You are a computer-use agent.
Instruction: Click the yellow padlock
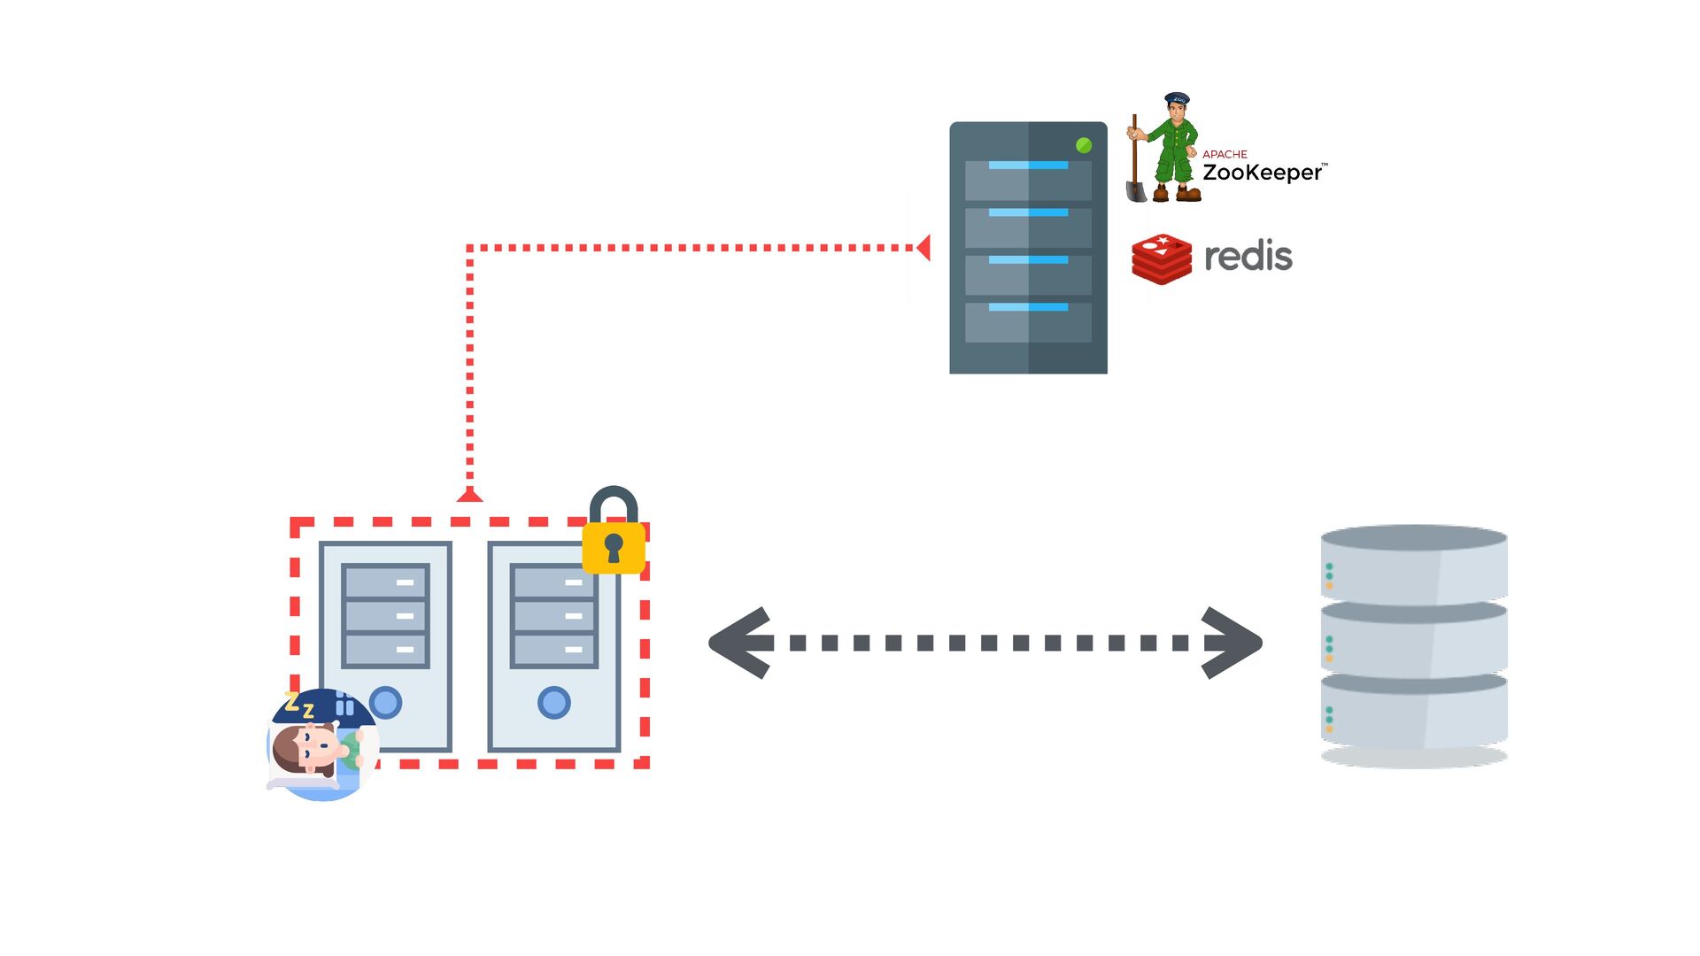click(x=614, y=545)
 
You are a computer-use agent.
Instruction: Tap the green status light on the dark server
click(x=1083, y=145)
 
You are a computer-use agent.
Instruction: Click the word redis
click(x=1248, y=257)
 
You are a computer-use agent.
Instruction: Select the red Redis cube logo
click(x=1161, y=258)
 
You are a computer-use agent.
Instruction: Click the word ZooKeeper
click(x=1261, y=173)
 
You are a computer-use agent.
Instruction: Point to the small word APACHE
click(x=1225, y=154)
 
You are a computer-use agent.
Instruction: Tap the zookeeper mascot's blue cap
click(x=1177, y=99)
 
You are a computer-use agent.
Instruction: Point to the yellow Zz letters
click(x=299, y=706)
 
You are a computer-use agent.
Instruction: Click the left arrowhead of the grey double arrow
click(x=740, y=644)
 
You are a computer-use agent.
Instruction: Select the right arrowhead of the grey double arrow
click(x=1232, y=644)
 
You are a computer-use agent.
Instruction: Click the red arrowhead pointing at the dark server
click(x=923, y=248)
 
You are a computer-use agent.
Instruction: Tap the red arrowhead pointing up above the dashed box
click(x=469, y=494)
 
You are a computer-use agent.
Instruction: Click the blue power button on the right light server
click(x=554, y=703)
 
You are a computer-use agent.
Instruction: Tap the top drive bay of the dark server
click(x=1028, y=180)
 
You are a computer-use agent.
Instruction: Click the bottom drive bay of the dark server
click(x=1028, y=322)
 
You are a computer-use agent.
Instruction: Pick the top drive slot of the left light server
click(x=385, y=582)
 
